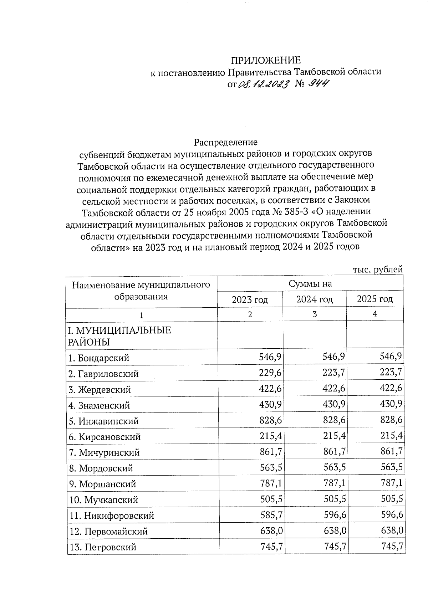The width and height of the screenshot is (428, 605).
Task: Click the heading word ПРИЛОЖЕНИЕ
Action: point(265,60)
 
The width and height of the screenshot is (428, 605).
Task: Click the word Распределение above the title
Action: point(225,142)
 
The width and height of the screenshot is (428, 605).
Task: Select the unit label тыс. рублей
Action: point(378,270)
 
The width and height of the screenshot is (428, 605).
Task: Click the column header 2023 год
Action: point(250,299)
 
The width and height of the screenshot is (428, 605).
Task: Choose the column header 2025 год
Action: point(374,299)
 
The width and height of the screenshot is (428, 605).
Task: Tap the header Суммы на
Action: point(310,283)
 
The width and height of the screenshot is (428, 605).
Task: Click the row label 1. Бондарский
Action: point(99,358)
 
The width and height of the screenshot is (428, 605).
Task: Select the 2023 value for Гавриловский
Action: point(270,373)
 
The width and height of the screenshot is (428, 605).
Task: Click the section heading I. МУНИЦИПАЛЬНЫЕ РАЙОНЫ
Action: point(119,336)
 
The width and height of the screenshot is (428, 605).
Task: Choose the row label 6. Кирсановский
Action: point(105,437)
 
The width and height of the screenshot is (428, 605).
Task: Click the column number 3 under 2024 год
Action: point(314,314)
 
